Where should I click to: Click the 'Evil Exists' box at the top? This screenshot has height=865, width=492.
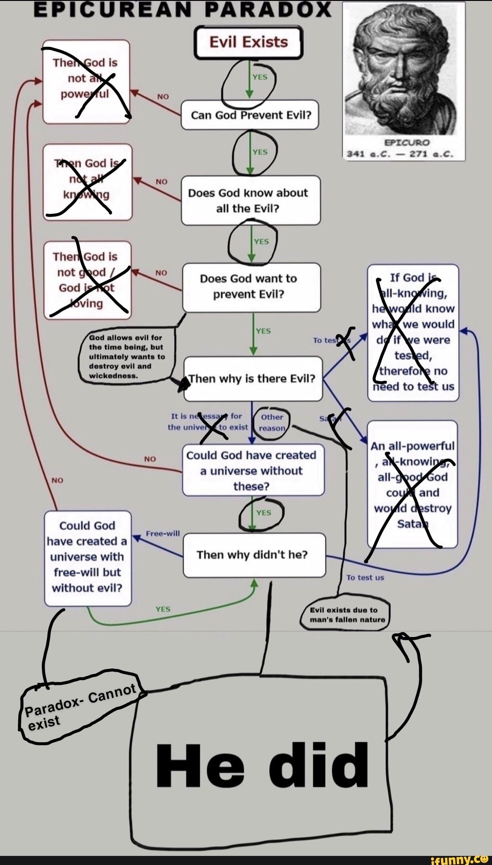click(248, 42)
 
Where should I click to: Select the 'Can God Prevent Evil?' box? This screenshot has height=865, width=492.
click(251, 115)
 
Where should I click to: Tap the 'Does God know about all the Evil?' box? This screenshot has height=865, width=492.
click(251, 201)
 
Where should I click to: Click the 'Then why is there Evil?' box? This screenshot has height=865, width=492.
click(253, 379)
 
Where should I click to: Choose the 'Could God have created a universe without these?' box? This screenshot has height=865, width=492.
click(253, 471)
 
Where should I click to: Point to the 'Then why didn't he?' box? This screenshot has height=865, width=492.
click(254, 555)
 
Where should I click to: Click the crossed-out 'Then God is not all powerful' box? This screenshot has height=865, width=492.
click(86, 82)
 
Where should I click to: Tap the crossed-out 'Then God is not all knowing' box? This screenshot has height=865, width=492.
click(87, 182)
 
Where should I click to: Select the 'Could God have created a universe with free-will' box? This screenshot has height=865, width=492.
click(87, 557)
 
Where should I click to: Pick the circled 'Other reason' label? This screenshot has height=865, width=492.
click(272, 423)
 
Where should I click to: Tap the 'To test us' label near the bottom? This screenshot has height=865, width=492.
click(365, 577)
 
